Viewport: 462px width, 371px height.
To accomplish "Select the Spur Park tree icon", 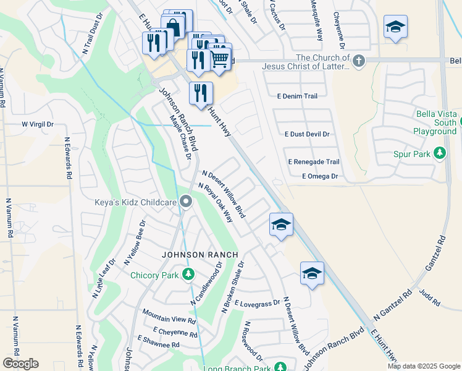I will click(440, 152).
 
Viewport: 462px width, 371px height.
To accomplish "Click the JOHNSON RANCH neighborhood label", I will click(199, 255).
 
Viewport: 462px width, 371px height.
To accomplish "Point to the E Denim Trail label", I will click(297, 96).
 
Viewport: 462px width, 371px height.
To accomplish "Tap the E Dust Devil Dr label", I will click(307, 134).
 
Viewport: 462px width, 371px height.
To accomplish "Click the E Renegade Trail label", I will click(314, 162).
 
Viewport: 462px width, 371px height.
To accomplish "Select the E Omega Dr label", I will click(320, 176).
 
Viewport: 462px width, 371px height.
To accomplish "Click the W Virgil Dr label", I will click(38, 124).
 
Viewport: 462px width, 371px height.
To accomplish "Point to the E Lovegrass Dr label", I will click(258, 303).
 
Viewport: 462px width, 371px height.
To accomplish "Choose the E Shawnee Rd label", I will click(158, 342).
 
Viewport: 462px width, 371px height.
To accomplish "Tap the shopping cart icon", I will click(220, 58).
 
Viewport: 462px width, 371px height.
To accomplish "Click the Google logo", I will click(20, 364).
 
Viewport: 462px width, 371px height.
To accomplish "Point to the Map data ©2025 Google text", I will click(423, 366).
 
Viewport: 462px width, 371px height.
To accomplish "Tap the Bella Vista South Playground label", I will click(435, 122).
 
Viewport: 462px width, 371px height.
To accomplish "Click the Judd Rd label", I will click(430, 297).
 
